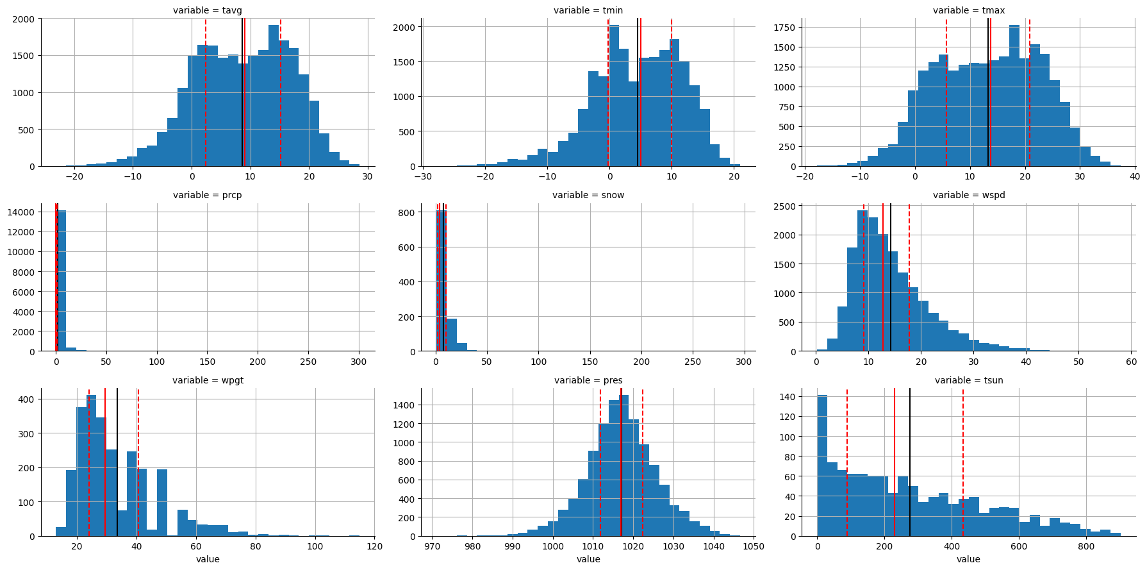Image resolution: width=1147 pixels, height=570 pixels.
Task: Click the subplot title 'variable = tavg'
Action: coord(208,10)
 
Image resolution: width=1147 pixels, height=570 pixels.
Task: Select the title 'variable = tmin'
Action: coord(588,10)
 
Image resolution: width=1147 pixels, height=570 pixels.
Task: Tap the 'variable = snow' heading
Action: coord(588,195)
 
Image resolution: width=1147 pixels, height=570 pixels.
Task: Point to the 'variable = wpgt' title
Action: coord(208,380)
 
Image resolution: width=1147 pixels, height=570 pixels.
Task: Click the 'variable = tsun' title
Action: coord(969,380)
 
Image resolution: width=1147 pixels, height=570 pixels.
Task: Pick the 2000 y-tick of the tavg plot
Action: coord(25,19)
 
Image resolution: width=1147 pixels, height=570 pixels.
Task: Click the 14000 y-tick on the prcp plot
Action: coord(22,212)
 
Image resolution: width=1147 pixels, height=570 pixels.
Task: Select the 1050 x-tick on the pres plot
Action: coord(754,546)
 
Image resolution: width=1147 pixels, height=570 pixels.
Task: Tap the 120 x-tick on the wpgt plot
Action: coord(375,546)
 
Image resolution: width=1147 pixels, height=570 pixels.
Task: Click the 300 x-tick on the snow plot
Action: coord(744,362)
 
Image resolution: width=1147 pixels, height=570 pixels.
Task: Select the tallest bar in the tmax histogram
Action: coord(1014,96)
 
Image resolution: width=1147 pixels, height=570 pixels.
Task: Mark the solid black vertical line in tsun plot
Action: coord(910,462)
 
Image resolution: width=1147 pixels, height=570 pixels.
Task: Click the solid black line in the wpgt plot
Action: coord(117,462)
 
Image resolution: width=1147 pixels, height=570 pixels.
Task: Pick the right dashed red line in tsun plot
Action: coord(962,462)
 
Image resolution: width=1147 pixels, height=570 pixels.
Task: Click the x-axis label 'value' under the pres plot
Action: coord(588,559)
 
